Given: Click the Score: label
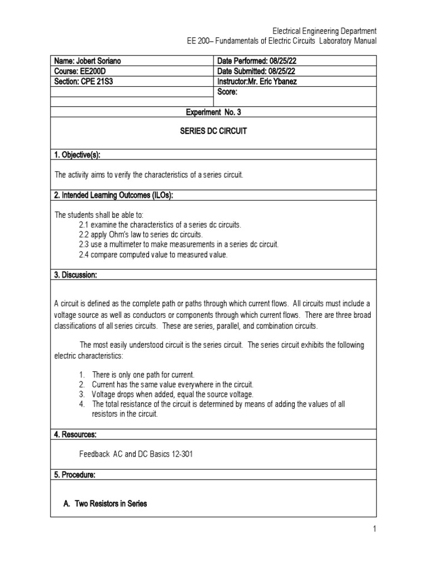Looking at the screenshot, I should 228,92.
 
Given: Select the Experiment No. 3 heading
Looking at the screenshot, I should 213,112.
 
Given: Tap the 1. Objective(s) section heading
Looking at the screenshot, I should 77,154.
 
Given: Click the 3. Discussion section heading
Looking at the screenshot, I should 76,274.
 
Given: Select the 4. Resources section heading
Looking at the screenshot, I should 76,434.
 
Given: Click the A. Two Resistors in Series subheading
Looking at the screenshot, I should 106,503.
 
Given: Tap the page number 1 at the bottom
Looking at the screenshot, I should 375,529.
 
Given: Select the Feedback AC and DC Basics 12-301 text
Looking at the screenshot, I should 136,454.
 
